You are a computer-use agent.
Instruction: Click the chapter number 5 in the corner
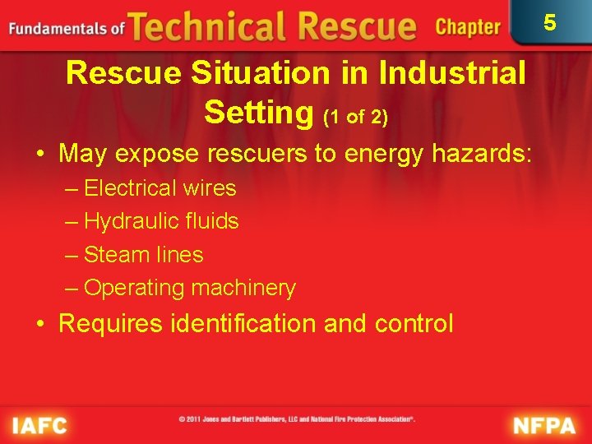tap(550, 22)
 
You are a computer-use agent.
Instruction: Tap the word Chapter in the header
tap(468, 27)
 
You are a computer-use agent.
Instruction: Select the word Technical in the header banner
tap(201, 26)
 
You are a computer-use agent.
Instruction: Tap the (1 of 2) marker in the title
tap(355, 117)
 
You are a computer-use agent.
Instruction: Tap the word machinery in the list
tap(243, 288)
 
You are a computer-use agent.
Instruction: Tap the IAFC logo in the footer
tap(39, 425)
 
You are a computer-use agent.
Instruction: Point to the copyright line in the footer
tap(297, 419)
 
